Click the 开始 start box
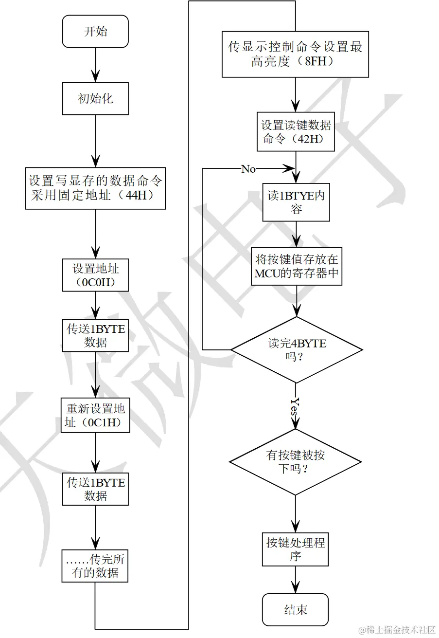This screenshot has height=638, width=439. [95, 32]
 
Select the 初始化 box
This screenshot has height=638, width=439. [95, 98]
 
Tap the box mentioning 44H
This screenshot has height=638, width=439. [95, 188]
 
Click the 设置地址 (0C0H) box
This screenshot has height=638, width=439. [95, 275]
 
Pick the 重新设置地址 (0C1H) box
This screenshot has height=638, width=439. [95, 415]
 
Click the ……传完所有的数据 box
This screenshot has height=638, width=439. [95, 566]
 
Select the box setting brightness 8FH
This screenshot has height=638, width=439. [295, 55]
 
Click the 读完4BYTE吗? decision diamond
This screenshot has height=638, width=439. [296, 350]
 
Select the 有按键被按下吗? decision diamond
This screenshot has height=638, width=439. [296, 462]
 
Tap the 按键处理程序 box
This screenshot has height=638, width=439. [296, 549]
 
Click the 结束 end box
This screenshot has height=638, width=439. [296, 609]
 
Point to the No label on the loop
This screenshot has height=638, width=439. [248, 169]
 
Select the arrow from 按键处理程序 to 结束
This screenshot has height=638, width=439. [296, 580]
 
